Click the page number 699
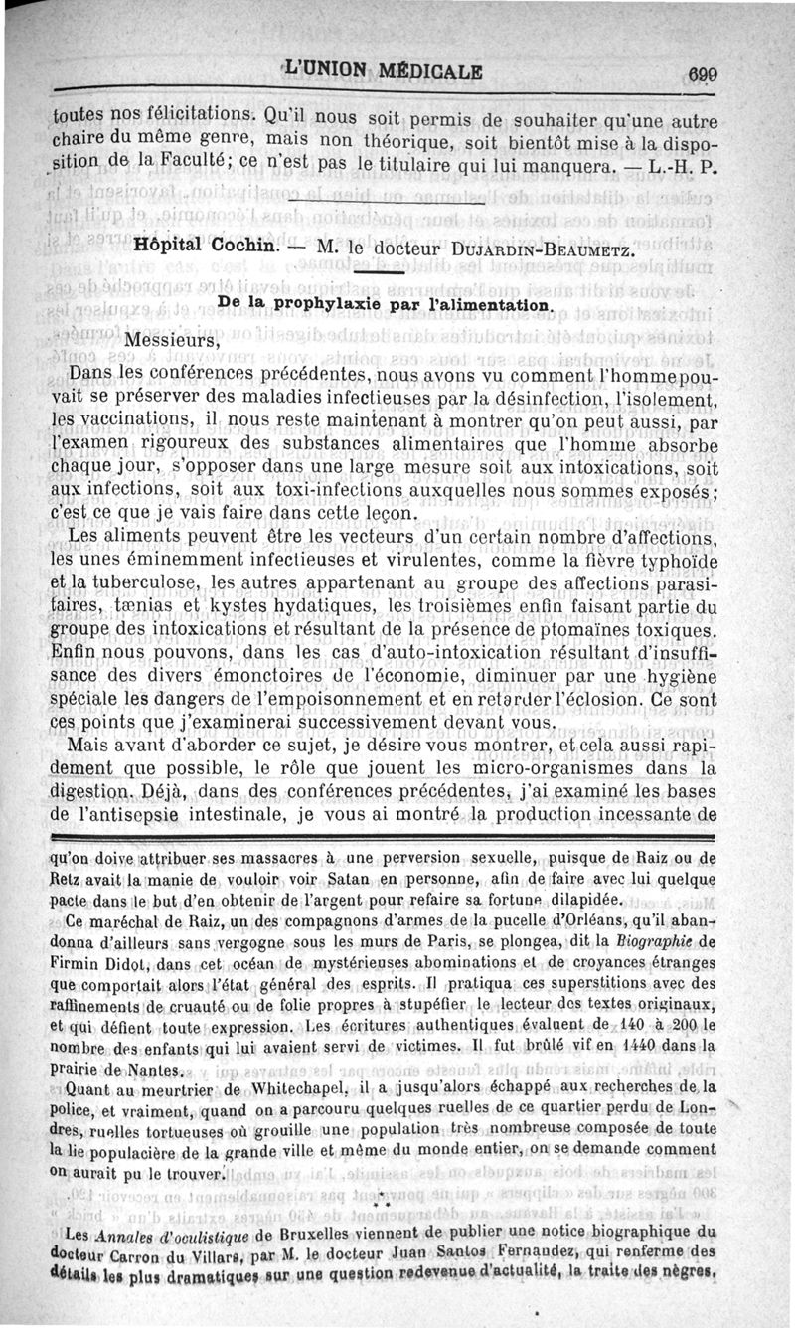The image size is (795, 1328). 702,73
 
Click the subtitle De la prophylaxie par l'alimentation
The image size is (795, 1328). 384,303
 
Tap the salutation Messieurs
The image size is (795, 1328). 177,341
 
